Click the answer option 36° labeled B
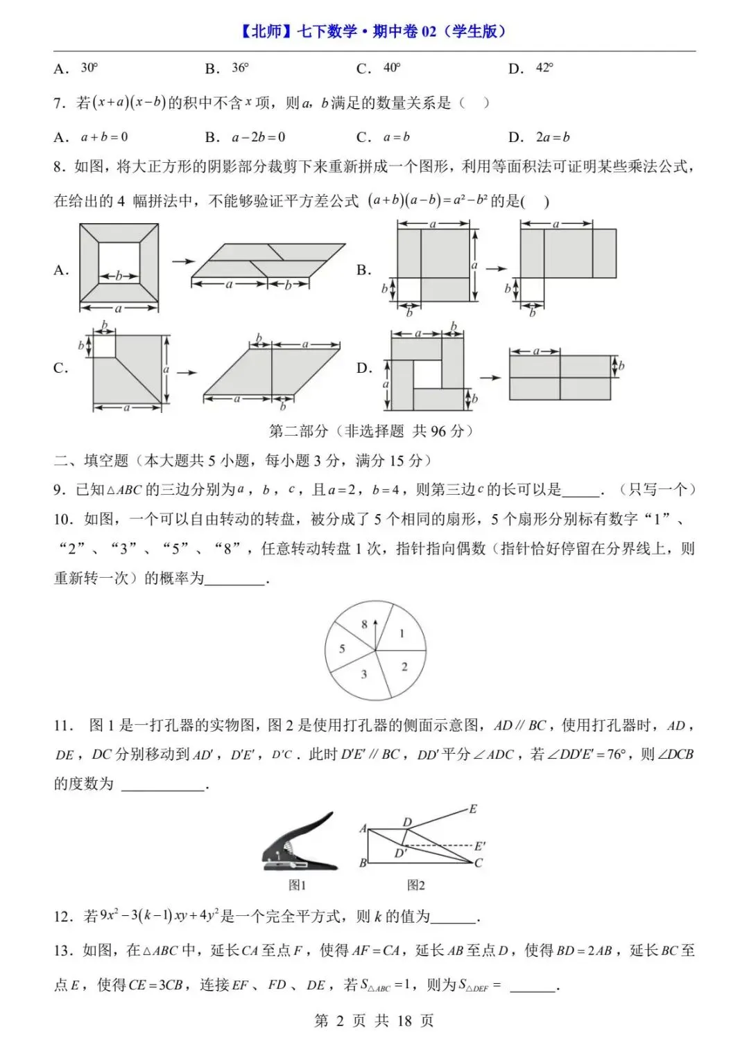pyautogui.click(x=239, y=68)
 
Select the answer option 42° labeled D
pyautogui.click(x=544, y=68)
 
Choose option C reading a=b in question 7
pyautogui.click(x=396, y=137)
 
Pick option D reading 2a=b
pyautogui.click(x=552, y=137)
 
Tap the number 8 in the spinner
pyautogui.click(x=364, y=624)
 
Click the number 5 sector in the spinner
pyautogui.click(x=342, y=649)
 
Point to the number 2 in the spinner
pyautogui.click(x=404, y=667)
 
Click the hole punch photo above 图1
pyautogui.click(x=300, y=843)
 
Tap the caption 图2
pyautogui.click(x=415, y=885)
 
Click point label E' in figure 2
pyautogui.click(x=480, y=846)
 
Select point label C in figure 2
pyautogui.click(x=479, y=863)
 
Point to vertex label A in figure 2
pyautogui.click(x=363, y=829)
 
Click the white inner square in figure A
pyautogui.click(x=119, y=266)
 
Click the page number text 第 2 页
pyautogui.click(x=340, y=1021)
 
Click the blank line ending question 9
pyautogui.click(x=580, y=491)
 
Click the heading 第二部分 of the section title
pyautogui.click(x=298, y=431)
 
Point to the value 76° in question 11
pyautogui.click(x=614, y=755)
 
